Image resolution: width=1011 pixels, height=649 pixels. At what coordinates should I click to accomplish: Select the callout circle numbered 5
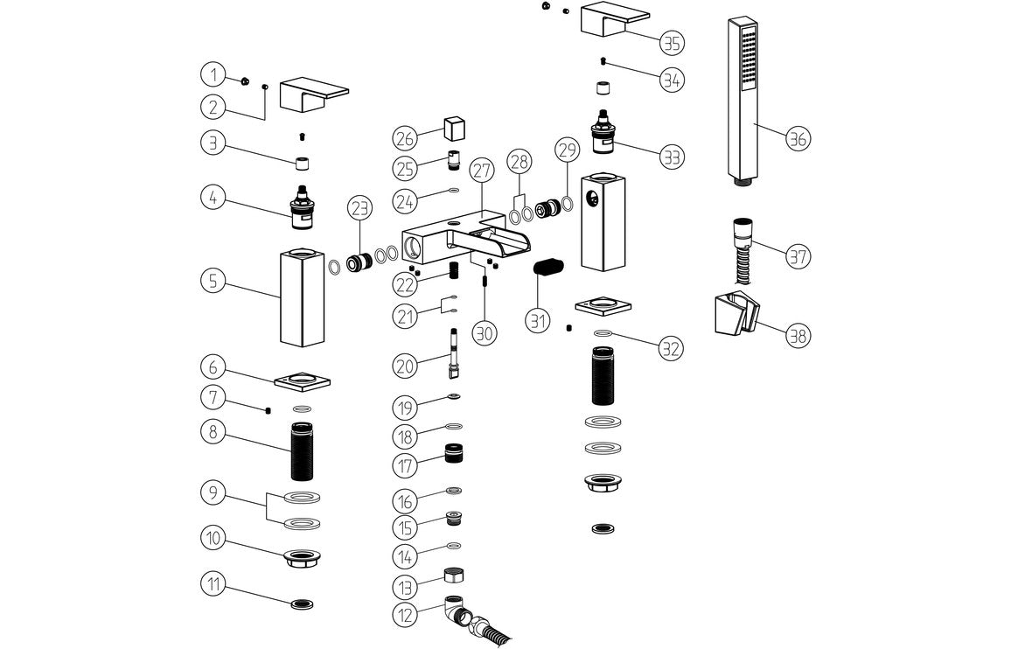(x=213, y=282)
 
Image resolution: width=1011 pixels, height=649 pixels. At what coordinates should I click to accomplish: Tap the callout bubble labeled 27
(x=481, y=171)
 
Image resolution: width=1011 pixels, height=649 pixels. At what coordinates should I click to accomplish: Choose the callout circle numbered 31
(x=538, y=320)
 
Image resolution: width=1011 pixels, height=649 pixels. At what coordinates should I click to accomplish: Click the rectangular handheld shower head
(x=743, y=96)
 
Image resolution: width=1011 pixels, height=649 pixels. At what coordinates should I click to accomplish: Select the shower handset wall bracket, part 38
(x=733, y=315)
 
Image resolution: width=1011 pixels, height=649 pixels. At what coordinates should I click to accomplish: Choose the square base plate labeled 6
(x=303, y=381)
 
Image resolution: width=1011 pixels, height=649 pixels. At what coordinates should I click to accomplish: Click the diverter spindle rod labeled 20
(x=454, y=353)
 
